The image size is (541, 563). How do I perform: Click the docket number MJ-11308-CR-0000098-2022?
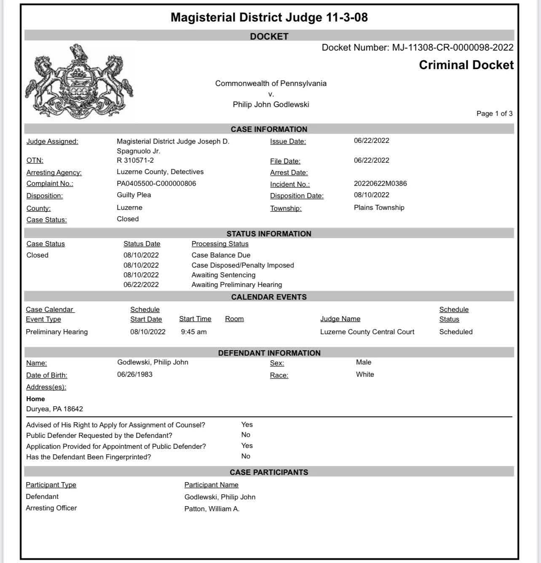(x=453, y=48)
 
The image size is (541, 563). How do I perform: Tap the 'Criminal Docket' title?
(x=466, y=65)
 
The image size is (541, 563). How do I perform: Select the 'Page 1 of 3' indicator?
(x=494, y=113)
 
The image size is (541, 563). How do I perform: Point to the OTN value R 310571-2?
(x=135, y=160)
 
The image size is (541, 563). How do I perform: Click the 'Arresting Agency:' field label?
(x=54, y=172)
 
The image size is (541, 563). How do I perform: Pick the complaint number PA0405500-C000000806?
(x=156, y=183)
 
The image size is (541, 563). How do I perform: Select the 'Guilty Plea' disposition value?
(x=134, y=195)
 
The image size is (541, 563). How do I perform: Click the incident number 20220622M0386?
(x=380, y=183)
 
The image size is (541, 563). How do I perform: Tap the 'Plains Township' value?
(x=379, y=207)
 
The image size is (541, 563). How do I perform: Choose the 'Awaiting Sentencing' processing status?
(x=223, y=275)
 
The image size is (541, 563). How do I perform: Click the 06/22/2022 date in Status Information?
(x=141, y=284)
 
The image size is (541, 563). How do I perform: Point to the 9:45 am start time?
(x=194, y=332)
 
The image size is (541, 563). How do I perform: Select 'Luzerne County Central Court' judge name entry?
(x=367, y=332)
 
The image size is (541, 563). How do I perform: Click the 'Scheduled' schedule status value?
(x=455, y=332)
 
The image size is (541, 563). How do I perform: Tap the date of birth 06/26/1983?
(x=134, y=374)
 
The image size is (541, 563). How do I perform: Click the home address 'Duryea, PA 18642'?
(x=54, y=409)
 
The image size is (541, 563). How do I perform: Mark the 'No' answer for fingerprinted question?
(x=246, y=456)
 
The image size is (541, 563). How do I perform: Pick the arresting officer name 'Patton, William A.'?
(x=212, y=509)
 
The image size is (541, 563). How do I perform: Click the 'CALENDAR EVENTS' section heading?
(x=269, y=297)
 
